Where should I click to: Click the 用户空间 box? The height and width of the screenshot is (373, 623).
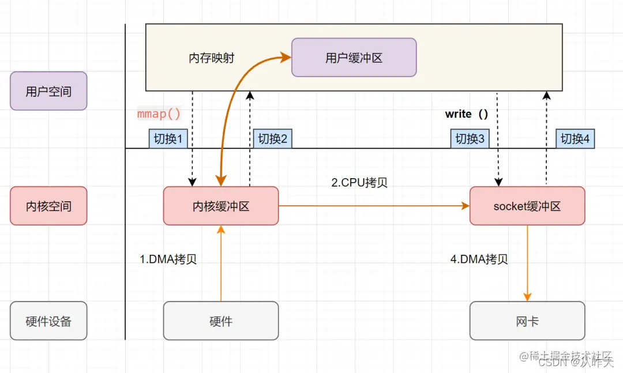(48, 91)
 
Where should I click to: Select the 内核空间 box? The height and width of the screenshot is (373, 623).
(48, 206)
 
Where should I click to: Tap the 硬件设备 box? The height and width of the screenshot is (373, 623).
(48, 321)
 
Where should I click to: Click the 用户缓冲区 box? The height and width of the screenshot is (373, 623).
(354, 58)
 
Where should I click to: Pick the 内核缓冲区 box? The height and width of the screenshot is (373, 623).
(221, 206)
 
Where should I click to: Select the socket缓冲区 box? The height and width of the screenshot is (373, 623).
(527, 206)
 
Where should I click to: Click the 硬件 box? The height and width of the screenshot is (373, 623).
(221, 321)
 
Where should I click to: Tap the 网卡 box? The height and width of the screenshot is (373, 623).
(527, 321)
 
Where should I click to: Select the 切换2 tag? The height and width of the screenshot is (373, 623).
(272, 139)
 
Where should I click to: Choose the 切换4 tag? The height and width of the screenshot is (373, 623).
(576, 139)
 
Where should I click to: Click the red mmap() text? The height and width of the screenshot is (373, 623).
(159, 114)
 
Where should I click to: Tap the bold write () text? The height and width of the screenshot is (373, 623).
(467, 114)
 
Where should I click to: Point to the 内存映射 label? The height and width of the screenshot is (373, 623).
(211, 58)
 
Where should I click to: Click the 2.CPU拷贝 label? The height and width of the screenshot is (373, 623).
(359, 183)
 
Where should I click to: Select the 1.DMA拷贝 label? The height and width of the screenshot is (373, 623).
(168, 259)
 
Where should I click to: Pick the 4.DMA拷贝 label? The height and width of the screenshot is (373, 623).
(479, 259)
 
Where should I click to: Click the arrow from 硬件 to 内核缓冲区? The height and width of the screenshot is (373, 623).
(221, 265)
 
